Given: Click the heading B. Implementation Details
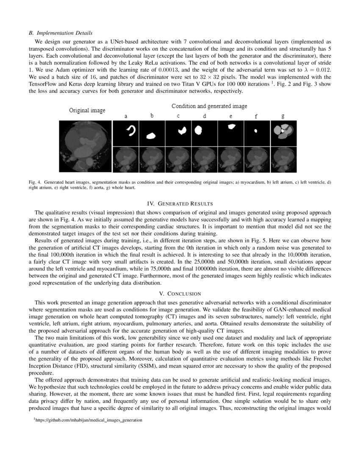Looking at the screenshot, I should tap(61, 33).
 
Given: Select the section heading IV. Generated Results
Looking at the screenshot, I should tap(180, 204).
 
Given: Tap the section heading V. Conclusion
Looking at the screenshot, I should tap(180, 294).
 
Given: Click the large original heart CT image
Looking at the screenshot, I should tap(85, 146).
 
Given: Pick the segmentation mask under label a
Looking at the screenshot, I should tap(126, 133).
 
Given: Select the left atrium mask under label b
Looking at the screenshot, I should tap(152, 133).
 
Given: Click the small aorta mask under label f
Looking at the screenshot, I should tap(257, 133).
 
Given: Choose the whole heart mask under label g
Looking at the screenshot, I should tap(283, 133).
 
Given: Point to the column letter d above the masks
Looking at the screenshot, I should tap(204, 116).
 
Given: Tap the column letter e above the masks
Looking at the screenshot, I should tap(230, 116).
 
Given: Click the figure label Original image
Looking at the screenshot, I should tap(87, 110).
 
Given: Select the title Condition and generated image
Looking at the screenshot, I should tap(209, 106).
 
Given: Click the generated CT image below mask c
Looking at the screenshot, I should tap(178, 159).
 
